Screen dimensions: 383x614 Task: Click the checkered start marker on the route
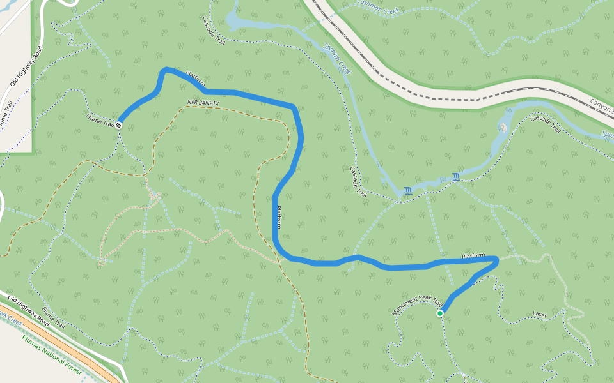(119, 124)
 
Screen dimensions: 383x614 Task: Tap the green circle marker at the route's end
(440, 313)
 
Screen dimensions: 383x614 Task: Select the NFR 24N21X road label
(203, 103)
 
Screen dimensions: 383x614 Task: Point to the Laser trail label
(540, 315)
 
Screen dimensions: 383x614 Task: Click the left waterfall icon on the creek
(407, 190)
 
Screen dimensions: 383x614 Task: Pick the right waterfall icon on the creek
(456, 176)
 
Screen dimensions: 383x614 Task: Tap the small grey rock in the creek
(504, 128)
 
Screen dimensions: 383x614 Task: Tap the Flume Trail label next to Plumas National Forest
(54, 318)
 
